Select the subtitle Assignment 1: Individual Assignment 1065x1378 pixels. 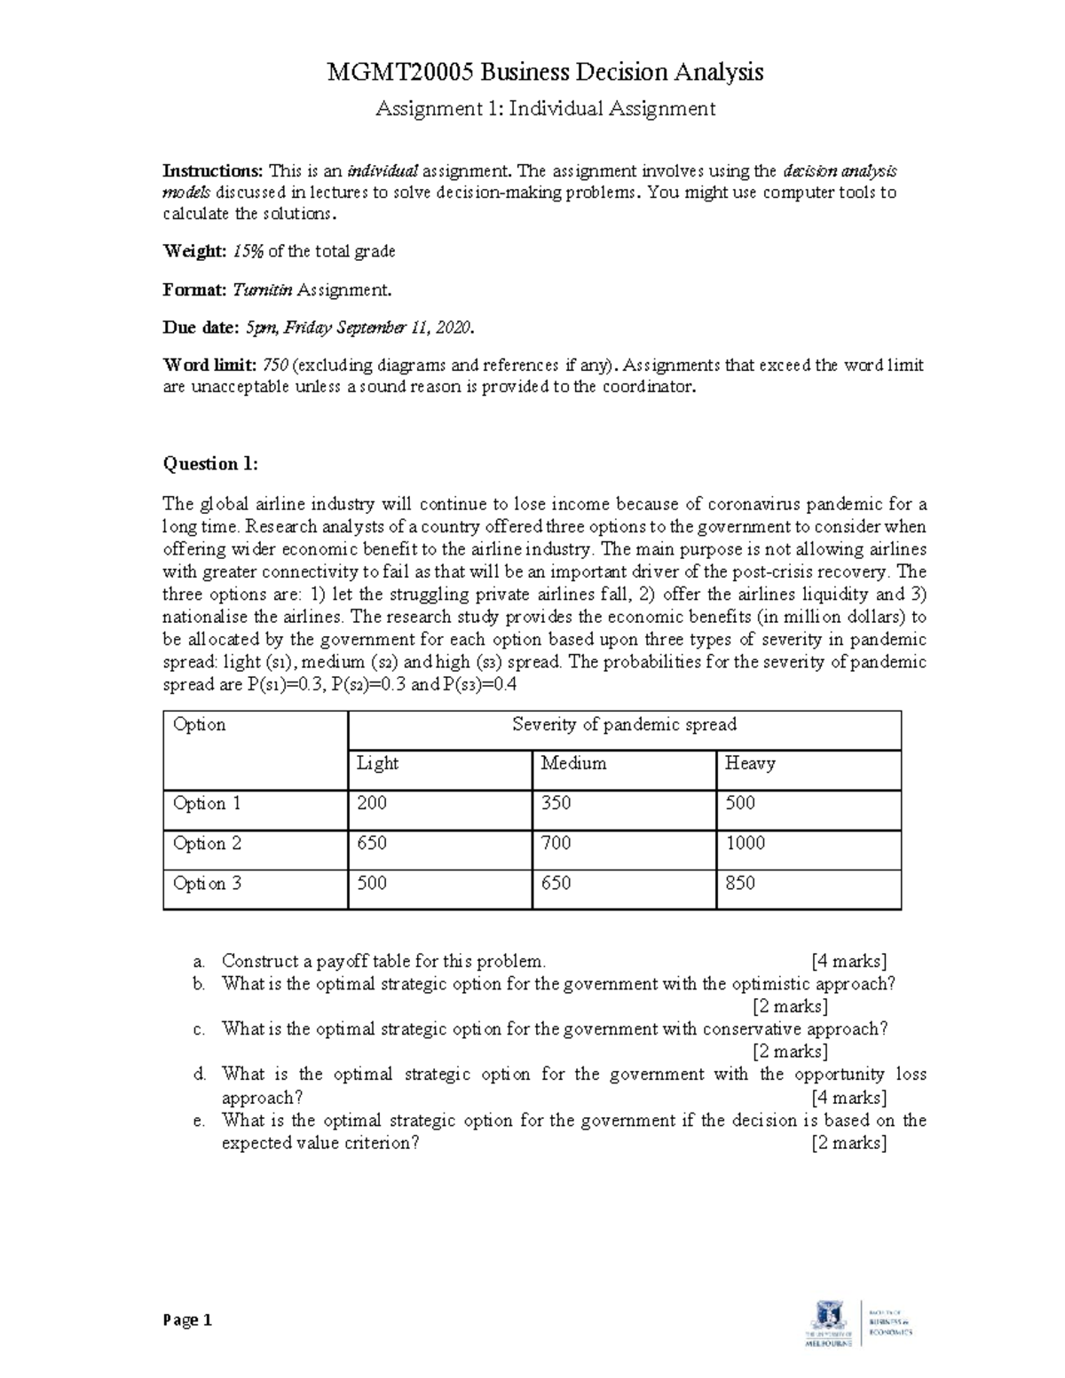coord(545,109)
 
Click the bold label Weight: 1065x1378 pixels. coord(194,251)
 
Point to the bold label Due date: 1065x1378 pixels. coord(201,327)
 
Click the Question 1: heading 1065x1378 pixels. coord(210,463)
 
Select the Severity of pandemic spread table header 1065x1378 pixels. coord(624,725)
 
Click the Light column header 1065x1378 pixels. coord(377,763)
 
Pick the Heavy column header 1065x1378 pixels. coord(750,763)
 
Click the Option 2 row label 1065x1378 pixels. coord(207,844)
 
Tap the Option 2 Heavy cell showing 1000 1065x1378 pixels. coord(745,844)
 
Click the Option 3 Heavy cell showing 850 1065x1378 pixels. coord(740,884)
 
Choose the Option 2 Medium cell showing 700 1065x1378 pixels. coord(556,844)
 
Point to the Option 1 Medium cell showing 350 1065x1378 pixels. coord(556,804)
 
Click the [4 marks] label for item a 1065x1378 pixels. coord(848,961)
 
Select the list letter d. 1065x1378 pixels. coord(200,1075)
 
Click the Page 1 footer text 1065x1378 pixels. coord(187,1320)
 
